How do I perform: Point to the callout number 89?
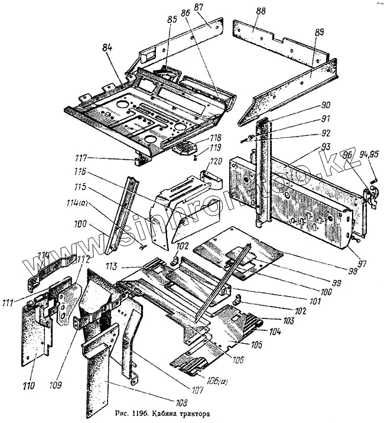click(319, 33)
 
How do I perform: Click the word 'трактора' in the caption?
click(189, 413)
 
